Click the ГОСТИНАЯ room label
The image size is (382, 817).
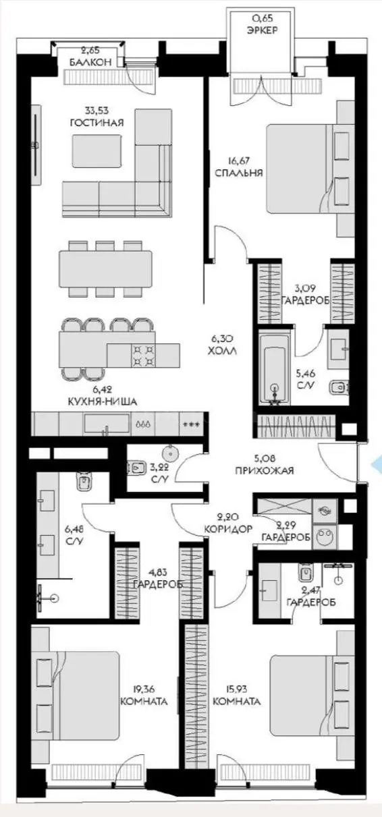coord(97,123)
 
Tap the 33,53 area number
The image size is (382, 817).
coord(97,110)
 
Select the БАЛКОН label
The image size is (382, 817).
coord(90,62)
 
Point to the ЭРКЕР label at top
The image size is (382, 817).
coord(263,30)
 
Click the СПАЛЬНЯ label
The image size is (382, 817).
coord(239,173)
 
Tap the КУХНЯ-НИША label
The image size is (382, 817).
coord(103,402)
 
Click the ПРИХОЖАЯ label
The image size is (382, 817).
coord(265,470)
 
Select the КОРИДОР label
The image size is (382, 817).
coord(228,529)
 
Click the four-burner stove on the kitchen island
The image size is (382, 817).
coord(142,356)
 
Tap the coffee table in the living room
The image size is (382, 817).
coord(97,151)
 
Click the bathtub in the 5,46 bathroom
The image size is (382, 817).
coord(275,369)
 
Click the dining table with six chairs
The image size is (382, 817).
coord(105,269)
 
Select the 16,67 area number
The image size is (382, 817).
coord(238,160)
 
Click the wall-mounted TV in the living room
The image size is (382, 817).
coord(35,145)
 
